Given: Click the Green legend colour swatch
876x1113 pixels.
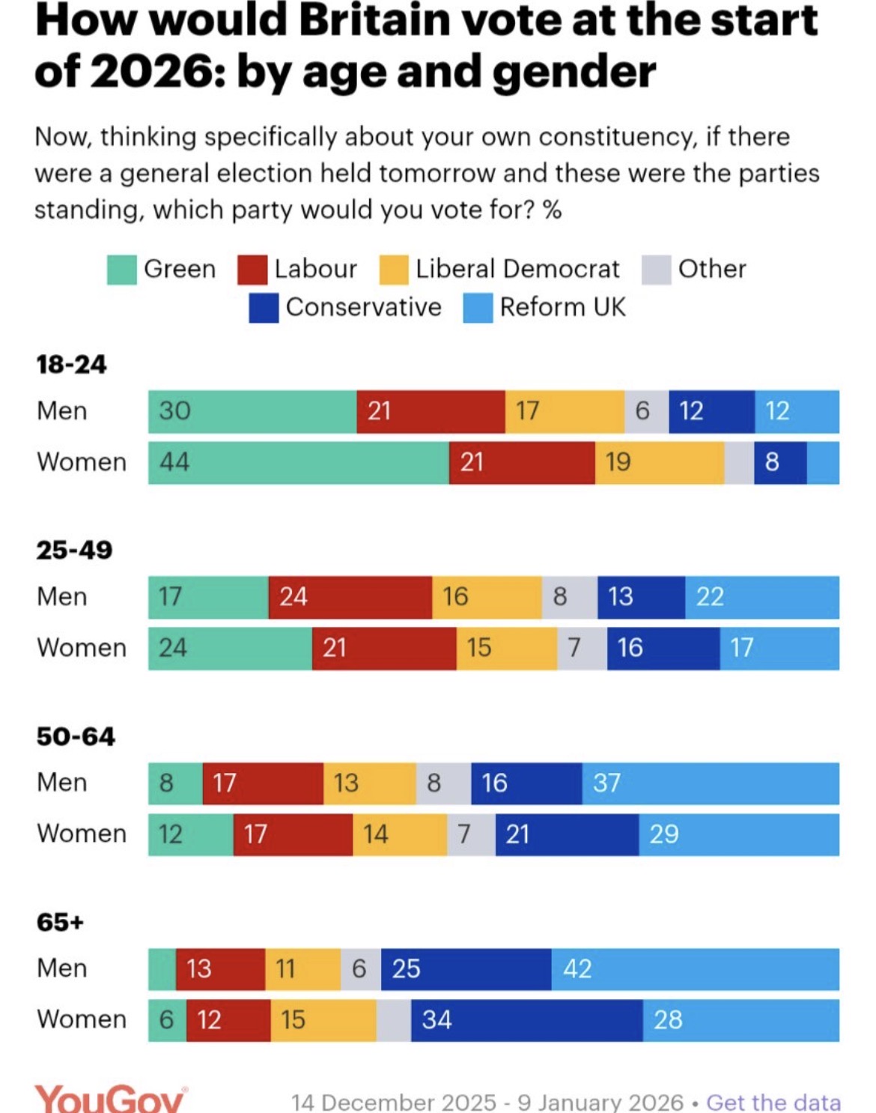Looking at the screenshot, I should tap(122, 270).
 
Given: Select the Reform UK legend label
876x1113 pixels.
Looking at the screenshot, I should tap(562, 307).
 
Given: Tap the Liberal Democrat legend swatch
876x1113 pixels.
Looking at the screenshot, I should tap(394, 270).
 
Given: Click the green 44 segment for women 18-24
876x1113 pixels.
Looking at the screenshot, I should tap(298, 462).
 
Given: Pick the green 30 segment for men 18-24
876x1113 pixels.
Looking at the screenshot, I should tap(252, 411).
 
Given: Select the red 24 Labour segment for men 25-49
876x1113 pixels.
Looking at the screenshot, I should tap(350, 597).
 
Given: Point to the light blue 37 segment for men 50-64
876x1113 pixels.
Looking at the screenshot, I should tap(710, 783).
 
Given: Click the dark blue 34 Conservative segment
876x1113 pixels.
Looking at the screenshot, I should tap(526, 1019).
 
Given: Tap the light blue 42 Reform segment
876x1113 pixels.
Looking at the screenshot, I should tap(695, 968).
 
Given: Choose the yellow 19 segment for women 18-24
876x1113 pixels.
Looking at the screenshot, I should tap(659, 462).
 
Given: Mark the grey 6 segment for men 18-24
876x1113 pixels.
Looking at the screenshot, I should tap(646, 411).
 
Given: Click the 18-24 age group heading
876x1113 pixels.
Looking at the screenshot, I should tap(71, 365).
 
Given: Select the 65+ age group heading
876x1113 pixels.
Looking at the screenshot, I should tap(60, 922).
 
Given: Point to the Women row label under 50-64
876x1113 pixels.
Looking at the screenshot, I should tap(82, 834).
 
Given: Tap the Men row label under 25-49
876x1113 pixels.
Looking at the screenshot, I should tap(62, 597).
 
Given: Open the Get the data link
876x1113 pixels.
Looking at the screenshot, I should tap(773, 1102).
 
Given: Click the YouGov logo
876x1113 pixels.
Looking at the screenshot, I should tap(111, 1099).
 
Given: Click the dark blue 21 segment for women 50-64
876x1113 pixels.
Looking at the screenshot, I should tap(567, 834).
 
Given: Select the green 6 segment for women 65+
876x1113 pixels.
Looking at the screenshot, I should tap(167, 1019).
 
